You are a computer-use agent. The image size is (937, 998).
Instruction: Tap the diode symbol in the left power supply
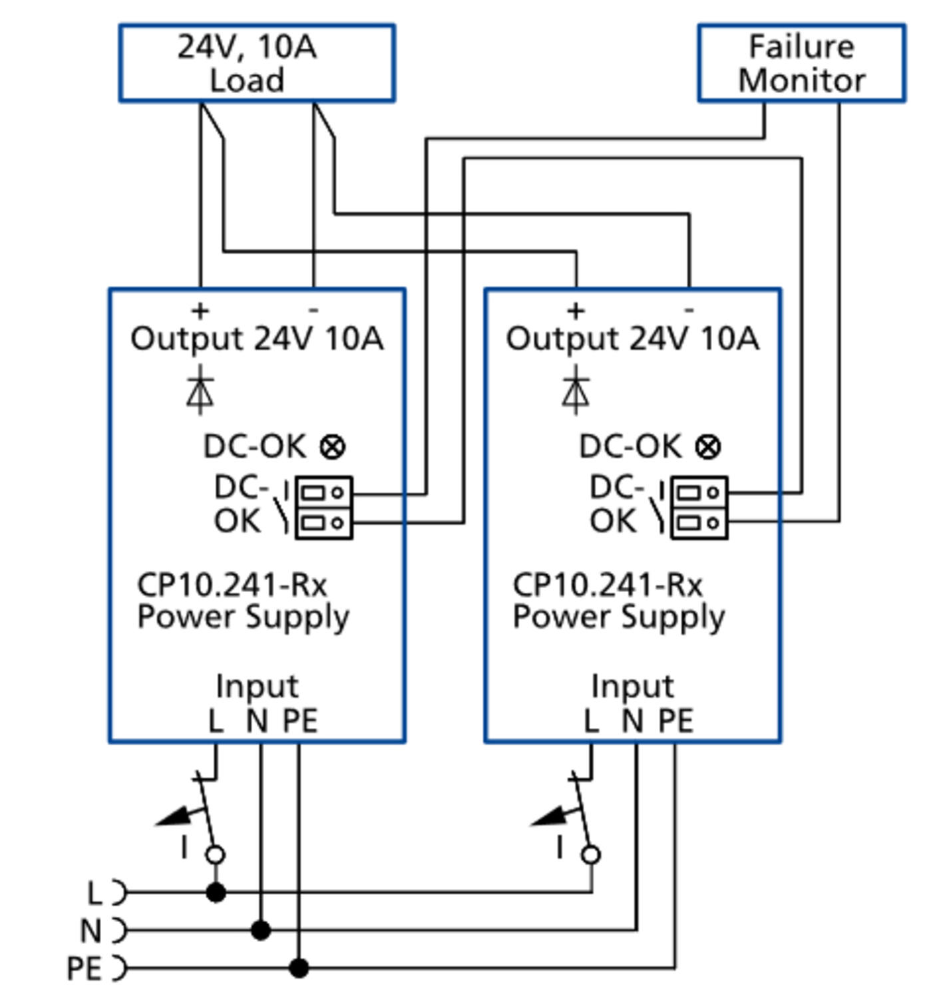click(200, 390)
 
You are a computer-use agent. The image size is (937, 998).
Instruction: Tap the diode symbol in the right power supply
click(576, 390)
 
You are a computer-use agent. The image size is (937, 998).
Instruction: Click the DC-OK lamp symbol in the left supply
click(333, 446)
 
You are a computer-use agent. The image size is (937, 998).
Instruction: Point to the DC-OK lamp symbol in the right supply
click(708, 446)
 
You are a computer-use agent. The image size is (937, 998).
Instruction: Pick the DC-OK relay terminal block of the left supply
click(323, 508)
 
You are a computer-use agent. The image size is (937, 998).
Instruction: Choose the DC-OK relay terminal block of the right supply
click(699, 508)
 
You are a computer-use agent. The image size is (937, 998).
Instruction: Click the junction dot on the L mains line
click(216, 893)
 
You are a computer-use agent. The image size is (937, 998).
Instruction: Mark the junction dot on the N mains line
click(260, 930)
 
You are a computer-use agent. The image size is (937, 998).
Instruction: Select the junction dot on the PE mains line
click(299, 967)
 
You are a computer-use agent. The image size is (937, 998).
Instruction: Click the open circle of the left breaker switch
click(216, 855)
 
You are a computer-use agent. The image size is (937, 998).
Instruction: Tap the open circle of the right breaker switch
click(591, 855)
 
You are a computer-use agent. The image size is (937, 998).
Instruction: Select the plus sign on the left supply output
click(200, 311)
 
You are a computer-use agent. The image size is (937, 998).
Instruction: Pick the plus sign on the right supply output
click(576, 311)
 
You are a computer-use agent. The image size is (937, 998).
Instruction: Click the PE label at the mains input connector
click(85, 968)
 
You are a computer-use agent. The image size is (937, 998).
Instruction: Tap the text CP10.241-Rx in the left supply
click(232, 585)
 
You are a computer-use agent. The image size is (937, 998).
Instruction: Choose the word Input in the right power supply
click(633, 686)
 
